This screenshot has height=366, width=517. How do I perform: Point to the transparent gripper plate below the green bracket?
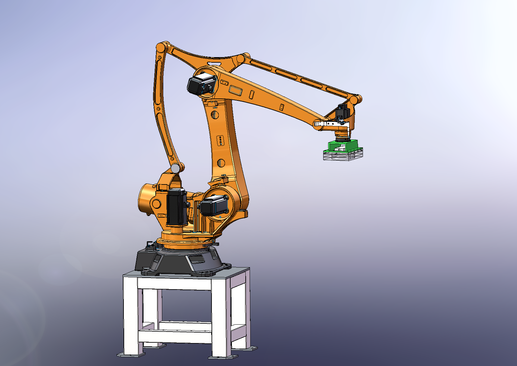pos(343,156)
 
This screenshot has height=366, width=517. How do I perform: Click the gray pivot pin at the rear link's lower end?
pos(175,168)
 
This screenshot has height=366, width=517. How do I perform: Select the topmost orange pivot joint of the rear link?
pos(161,47)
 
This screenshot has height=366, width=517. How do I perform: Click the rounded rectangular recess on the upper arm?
pos(236,90)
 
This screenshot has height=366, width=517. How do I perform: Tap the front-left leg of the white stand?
pos(130,315)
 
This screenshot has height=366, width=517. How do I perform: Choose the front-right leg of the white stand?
pos(219,318)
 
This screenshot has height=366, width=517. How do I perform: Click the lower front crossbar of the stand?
pos(174,336)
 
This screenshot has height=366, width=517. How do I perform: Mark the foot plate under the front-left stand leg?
pos(131,355)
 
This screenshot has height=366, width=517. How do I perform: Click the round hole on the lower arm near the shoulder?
pos(221,162)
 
